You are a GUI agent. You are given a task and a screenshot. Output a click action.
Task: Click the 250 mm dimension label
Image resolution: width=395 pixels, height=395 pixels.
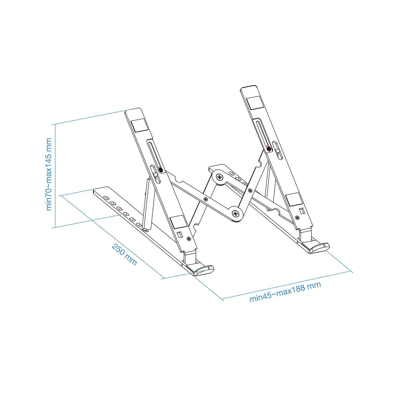click(x=124, y=254)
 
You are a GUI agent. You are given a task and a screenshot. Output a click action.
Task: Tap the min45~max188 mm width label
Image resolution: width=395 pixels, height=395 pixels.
click(x=285, y=292)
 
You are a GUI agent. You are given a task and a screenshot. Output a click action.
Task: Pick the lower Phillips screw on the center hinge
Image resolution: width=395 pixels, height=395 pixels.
click(x=236, y=213)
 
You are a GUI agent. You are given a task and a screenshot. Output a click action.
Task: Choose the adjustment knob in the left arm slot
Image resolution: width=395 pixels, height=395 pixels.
click(x=161, y=170)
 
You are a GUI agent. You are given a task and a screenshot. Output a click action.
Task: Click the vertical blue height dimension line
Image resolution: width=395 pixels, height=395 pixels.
click(x=56, y=176)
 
